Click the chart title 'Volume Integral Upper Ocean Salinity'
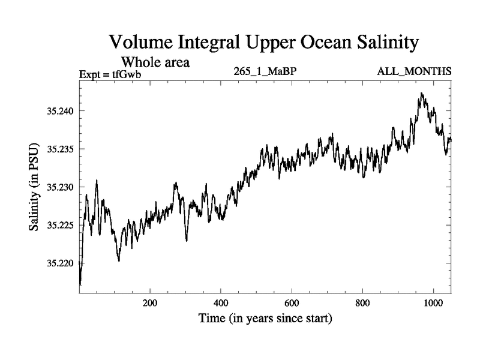pos(263,43)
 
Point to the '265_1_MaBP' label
pos(266,72)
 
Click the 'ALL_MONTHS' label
pos(414,72)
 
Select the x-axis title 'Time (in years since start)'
pos(265,318)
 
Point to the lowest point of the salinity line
pos(80,284)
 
